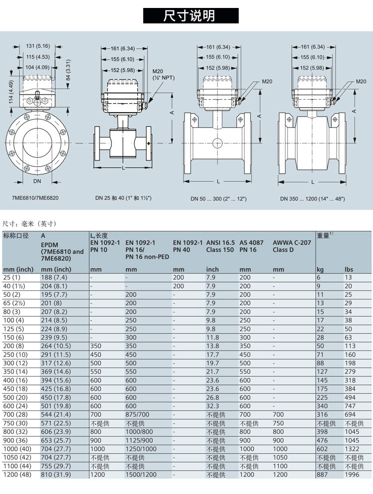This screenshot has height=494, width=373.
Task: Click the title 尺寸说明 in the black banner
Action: [x=190, y=16]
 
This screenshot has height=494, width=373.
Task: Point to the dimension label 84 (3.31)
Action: [x=68, y=70]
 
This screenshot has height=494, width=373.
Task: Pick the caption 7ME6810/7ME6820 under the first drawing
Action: [x=35, y=198]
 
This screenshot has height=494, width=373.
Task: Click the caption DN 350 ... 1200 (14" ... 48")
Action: [x=312, y=199]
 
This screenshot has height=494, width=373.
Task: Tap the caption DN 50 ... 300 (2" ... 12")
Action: [x=218, y=199]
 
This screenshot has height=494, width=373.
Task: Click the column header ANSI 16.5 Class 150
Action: [x=220, y=246]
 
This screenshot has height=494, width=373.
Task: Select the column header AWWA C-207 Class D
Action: [x=292, y=246]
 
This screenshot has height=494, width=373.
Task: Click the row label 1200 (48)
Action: [x=17, y=475]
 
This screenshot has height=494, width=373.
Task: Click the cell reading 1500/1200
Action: [x=141, y=475]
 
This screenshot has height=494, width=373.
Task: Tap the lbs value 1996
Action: [x=353, y=475]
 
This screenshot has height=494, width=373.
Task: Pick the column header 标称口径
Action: [x=16, y=235]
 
